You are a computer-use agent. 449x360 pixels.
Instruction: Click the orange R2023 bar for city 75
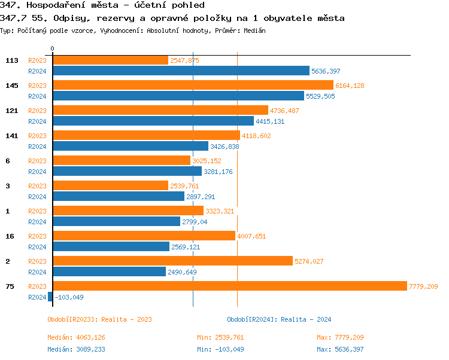click(230, 286)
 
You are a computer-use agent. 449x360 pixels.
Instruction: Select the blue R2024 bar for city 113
click(181, 71)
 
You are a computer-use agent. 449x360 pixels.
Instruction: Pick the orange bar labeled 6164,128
click(193, 85)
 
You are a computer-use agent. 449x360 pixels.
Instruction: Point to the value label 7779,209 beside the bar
click(423, 286)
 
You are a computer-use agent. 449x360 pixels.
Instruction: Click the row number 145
click(12, 86)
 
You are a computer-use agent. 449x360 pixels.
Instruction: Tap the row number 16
click(10, 236)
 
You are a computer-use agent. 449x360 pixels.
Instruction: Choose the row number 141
click(12, 136)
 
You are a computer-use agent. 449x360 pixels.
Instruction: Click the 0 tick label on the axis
click(52, 48)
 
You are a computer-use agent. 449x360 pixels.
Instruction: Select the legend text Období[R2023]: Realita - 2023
click(99, 319)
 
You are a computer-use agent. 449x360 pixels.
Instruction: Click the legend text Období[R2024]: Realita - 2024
click(279, 319)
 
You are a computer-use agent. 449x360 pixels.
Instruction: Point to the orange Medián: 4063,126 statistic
click(76, 337)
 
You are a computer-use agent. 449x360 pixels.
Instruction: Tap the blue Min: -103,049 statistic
click(220, 349)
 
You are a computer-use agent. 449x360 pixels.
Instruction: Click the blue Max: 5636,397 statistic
click(340, 349)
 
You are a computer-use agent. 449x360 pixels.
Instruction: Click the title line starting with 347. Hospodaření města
click(102, 5)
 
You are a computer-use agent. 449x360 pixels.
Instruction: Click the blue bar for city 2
click(109, 271)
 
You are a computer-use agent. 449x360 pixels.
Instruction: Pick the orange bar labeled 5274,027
click(172, 261)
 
